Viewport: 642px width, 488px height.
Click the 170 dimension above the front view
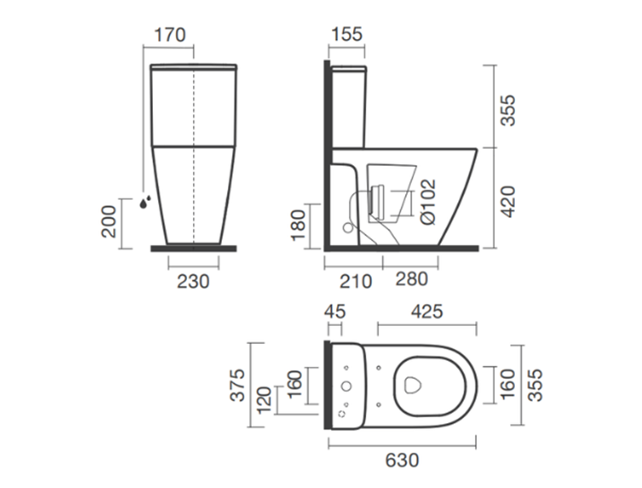pos(170,35)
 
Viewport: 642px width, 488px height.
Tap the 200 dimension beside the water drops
pos(109,221)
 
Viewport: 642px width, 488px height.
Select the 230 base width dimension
pos(193,281)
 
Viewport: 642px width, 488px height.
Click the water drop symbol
pos(145,202)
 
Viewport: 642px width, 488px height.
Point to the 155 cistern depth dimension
pos(347,34)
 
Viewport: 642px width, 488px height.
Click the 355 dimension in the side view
pos(509,110)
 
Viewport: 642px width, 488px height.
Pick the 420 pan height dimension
pos(509,202)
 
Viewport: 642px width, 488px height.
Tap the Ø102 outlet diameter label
pos(428,202)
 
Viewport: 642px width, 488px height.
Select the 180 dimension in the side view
pos(299,225)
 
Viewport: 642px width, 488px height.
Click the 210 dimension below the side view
pos(356,281)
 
